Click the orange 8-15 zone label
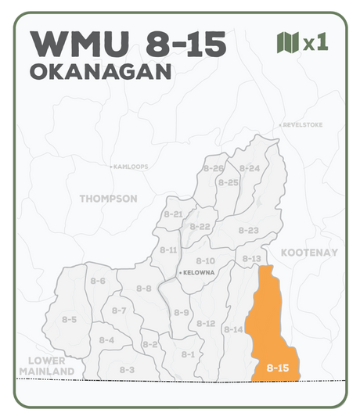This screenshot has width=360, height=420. click(x=278, y=367)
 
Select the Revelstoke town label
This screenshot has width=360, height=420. click(x=300, y=124)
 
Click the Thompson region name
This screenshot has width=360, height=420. click(x=108, y=199)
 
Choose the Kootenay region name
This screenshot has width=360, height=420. click(x=309, y=253)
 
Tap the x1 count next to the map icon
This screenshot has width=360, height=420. click(x=315, y=42)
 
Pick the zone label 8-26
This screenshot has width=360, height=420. click(x=214, y=168)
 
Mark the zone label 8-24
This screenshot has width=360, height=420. click(x=250, y=168)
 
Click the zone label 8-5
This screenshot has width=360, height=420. click(x=69, y=319)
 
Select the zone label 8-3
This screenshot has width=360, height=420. click(x=127, y=369)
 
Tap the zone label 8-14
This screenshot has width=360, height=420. click(x=233, y=330)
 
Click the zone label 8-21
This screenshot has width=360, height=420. click(x=173, y=214)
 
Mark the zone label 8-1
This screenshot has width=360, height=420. click(x=188, y=354)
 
